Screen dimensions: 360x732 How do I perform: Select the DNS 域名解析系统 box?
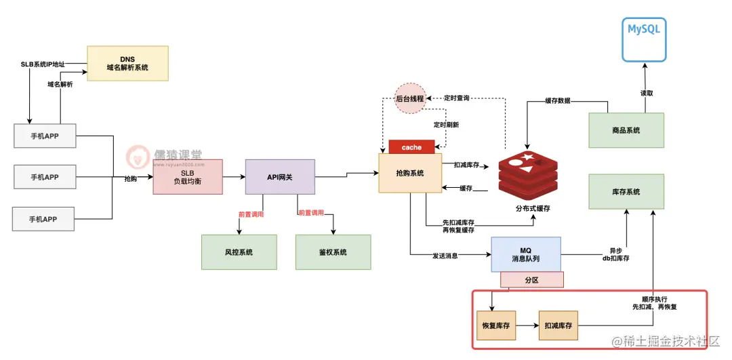[127, 63]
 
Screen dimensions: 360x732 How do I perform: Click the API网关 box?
[280, 176]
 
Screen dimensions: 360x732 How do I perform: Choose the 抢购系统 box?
[410, 173]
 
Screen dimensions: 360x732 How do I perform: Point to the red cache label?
[411, 147]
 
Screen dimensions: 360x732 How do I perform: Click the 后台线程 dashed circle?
[409, 98]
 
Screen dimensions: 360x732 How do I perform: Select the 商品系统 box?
[626, 130]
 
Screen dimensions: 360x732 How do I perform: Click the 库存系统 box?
[626, 193]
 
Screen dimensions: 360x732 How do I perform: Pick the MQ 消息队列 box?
[526, 254]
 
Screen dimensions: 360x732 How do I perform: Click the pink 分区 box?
[532, 279]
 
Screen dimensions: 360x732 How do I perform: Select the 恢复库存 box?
[495, 325]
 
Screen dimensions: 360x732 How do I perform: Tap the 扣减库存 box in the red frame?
[558, 325]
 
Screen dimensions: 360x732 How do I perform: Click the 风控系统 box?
[239, 252]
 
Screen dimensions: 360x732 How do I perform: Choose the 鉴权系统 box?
[333, 252]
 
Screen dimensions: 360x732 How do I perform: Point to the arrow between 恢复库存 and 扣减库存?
[527, 325]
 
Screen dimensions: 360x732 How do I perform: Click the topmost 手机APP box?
[44, 136]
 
